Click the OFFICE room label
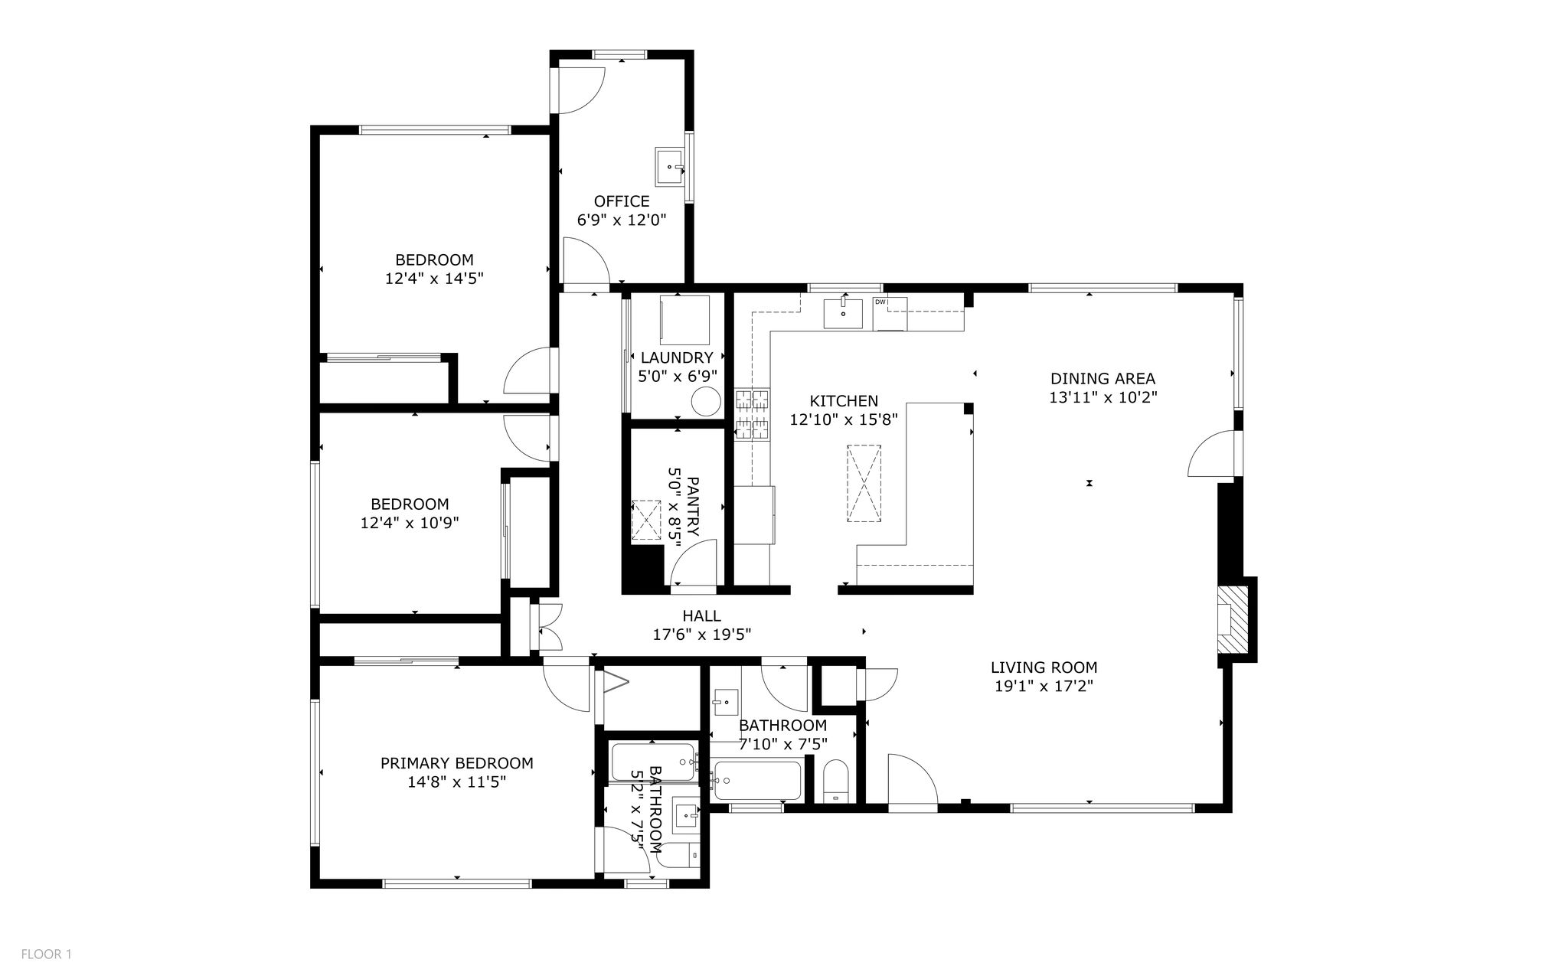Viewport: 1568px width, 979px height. (x=622, y=201)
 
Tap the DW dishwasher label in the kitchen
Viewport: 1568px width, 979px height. (x=880, y=302)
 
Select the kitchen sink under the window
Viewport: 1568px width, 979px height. (x=842, y=314)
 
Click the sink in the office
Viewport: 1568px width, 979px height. (x=671, y=166)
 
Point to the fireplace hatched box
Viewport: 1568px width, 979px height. (x=1233, y=618)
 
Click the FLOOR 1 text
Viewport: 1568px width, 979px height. (x=46, y=954)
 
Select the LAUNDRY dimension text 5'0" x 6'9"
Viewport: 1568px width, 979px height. (x=677, y=376)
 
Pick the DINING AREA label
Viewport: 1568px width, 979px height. (x=1102, y=378)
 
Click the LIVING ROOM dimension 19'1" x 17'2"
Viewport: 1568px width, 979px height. (x=1044, y=687)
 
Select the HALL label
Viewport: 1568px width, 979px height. (x=701, y=615)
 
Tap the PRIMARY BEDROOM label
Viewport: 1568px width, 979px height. (x=457, y=763)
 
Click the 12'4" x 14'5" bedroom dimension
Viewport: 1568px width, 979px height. (x=434, y=279)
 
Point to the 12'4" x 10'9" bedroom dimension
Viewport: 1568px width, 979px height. (x=410, y=524)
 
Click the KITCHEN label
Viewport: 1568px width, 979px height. (x=844, y=401)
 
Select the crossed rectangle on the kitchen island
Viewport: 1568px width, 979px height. (x=864, y=484)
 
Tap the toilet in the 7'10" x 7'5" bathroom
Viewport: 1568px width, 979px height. (x=835, y=781)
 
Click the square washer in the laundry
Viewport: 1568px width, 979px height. (x=684, y=320)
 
